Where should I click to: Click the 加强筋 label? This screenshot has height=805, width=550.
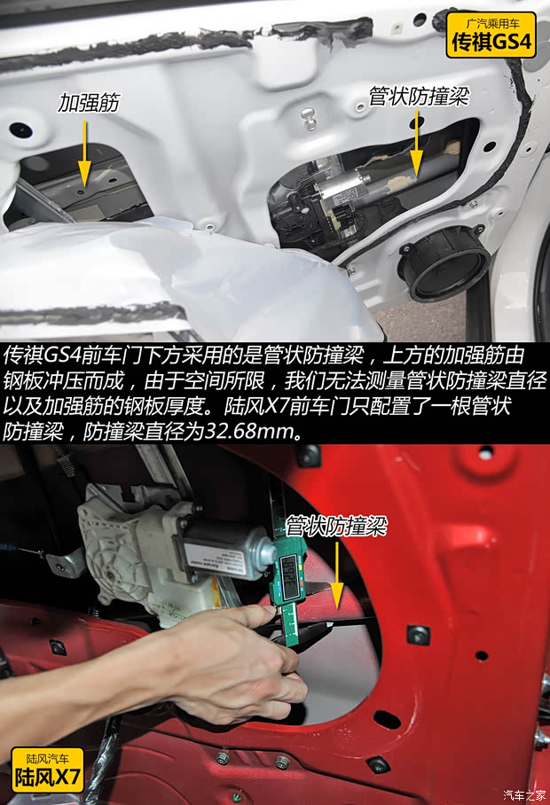click(x=89, y=103)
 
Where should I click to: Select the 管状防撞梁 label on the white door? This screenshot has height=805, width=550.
click(x=418, y=95)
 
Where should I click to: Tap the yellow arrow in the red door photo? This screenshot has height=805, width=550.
click(x=335, y=571)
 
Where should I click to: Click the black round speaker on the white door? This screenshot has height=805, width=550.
click(x=444, y=262)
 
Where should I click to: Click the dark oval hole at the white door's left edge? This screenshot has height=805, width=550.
click(x=20, y=130)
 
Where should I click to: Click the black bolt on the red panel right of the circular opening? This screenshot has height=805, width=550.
click(x=418, y=635)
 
